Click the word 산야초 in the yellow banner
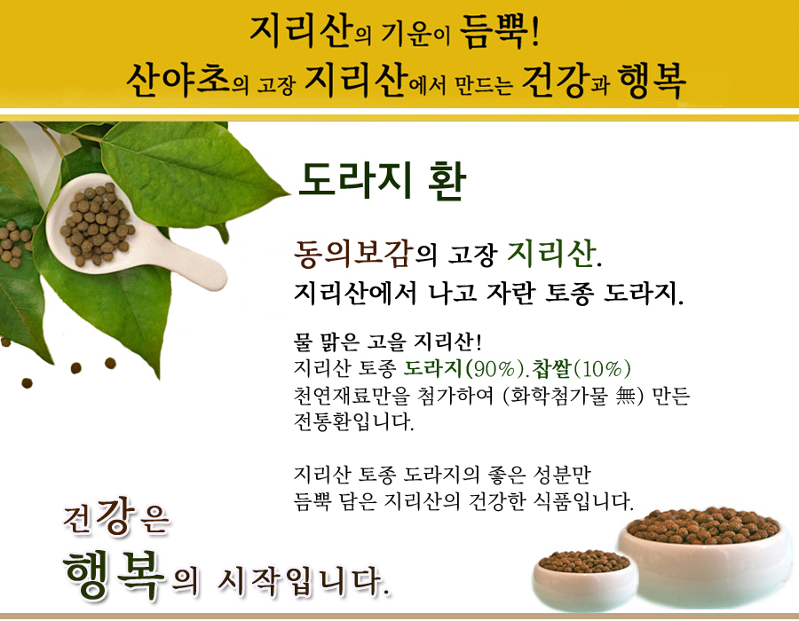click(x=178, y=80)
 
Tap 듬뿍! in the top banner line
click(x=499, y=31)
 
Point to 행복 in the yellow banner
click(x=652, y=81)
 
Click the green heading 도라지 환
click(x=382, y=181)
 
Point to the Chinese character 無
click(x=625, y=396)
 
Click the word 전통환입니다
click(x=353, y=421)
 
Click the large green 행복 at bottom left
click(x=115, y=575)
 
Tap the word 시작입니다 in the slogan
click(x=304, y=581)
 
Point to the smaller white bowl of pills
click(x=585, y=579)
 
